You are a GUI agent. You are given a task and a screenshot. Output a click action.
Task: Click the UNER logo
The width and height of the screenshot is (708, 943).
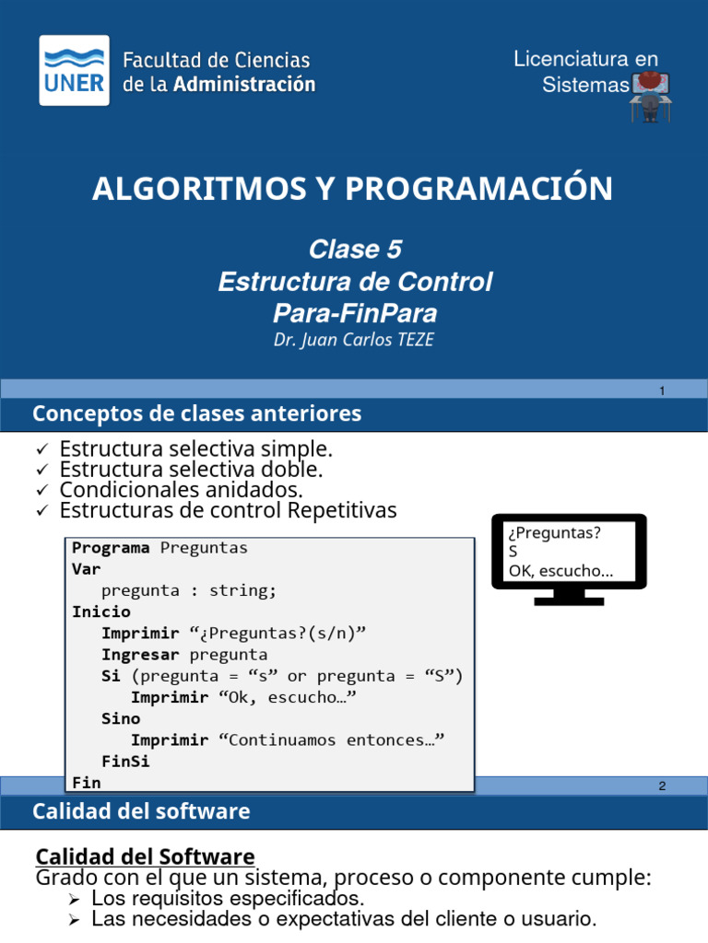(x=74, y=71)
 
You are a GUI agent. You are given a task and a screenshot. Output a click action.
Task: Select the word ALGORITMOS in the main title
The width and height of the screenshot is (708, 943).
(x=183, y=189)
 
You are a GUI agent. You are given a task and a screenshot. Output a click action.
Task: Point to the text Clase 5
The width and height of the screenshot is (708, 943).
(x=355, y=250)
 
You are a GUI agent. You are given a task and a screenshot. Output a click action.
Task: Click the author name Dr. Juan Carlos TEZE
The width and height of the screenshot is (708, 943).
(x=354, y=340)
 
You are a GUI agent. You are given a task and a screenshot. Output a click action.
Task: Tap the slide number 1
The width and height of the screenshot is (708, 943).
(x=662, y=392)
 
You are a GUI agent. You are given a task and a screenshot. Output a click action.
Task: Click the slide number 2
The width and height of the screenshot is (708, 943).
(x=662, y=786)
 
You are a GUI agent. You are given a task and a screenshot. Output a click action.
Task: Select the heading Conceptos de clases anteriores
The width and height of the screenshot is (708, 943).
(x=196, y=414)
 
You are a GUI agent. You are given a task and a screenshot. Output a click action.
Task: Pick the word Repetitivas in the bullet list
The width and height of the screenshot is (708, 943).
(x=343, y=510)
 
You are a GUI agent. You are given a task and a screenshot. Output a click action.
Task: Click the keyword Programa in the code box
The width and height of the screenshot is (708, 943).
(x=111, y=548)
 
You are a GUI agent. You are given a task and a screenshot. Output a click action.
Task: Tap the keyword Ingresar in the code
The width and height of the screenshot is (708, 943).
(x=141, y=655)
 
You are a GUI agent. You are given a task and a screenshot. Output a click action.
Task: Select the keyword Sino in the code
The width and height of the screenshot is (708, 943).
(x=121, y=718)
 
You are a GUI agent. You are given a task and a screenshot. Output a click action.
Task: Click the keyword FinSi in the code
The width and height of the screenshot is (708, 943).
(x=125, y=762)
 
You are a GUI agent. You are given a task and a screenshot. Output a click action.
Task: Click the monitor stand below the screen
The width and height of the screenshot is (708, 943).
(x=568, y=598)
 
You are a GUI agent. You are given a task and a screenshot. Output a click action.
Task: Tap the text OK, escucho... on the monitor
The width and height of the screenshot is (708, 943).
(x=560, y=571)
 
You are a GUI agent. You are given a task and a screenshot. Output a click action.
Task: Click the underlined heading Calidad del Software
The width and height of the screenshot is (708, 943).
(x=145, y=856)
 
